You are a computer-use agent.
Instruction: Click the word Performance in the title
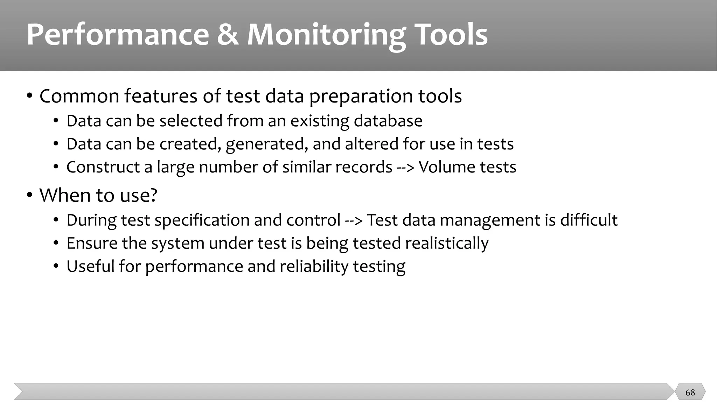coord(118,34)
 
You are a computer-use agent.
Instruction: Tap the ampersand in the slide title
coord(228,34)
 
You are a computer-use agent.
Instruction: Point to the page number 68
coord(690,393)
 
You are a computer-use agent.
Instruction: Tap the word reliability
coord(313,267)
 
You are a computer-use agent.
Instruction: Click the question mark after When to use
coord(153,195)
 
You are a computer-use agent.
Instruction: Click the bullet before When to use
coord(30,195)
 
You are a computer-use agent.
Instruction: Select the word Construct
coord(103,167)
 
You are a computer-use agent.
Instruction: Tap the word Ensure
coord(92,243)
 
